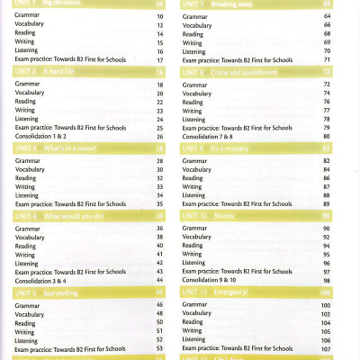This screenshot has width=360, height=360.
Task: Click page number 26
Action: [159, 136]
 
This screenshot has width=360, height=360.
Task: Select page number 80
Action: [326, 136]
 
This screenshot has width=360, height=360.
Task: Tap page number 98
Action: [326, 280]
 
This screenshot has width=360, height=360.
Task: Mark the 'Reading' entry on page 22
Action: [26, 102]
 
